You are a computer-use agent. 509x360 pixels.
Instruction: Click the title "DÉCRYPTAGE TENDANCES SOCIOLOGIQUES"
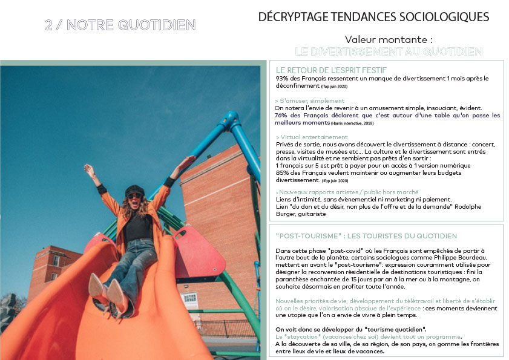[373, 16]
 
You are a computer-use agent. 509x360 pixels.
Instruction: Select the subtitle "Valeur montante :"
[389, 39]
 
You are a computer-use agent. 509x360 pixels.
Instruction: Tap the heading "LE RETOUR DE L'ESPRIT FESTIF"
[330, 70]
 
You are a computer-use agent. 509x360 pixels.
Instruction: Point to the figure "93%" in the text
[282, 79]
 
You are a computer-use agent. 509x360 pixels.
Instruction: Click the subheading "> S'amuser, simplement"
[309, 100]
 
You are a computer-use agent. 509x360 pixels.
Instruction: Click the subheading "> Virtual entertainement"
[312, 137]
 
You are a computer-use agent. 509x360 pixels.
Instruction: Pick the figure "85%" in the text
[283, 174]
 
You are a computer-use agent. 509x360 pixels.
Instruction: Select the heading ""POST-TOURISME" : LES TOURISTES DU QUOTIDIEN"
[366, 236]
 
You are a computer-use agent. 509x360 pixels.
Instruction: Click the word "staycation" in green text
[299, 336]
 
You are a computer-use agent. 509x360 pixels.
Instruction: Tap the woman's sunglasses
[134, 196]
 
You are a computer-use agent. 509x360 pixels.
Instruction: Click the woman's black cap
[134, 189]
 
